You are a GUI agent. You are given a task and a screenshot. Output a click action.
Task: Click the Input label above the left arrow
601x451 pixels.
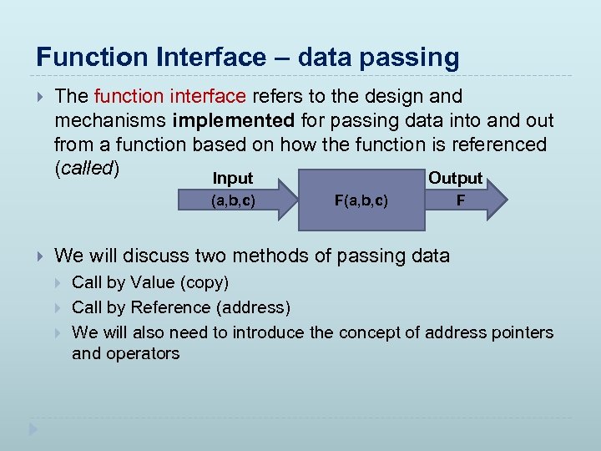[232, 178]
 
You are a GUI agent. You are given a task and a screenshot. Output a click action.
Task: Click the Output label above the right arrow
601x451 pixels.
[455, 178]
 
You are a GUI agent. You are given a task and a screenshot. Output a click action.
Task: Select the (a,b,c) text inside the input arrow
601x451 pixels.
[233, 200]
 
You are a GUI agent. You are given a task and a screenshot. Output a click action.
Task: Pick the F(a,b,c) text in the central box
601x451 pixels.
[361, 200]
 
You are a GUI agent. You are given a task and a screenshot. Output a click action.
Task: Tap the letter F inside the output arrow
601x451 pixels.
[461, 200]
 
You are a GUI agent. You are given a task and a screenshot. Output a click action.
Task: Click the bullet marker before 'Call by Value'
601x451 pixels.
[59, 283]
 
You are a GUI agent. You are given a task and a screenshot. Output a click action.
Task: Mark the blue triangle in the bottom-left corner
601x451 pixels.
[33, 430]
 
